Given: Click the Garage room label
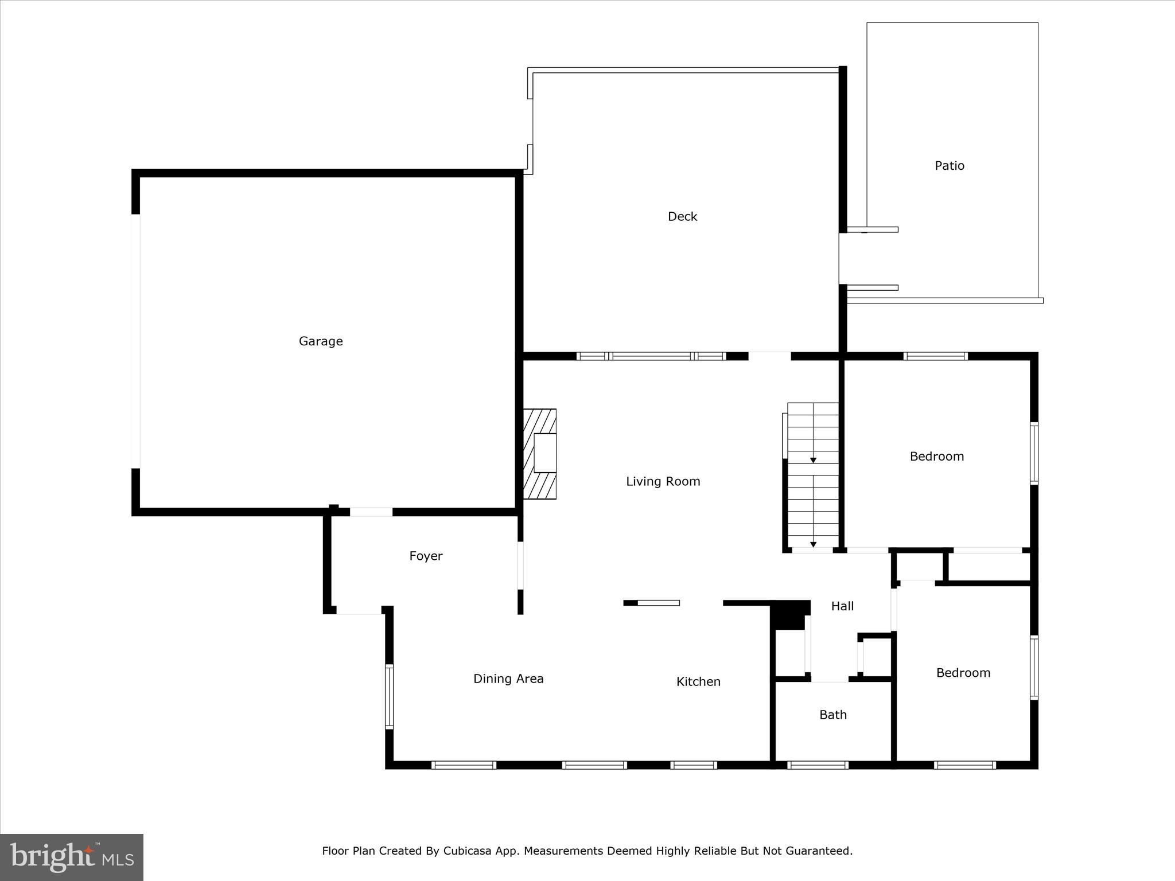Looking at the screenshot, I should tap(321, 341).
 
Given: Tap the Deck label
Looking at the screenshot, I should tap(682, 217).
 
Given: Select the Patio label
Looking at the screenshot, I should tap(950, 166).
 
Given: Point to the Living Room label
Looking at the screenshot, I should tap(663, 482).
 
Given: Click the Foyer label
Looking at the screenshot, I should tap(426, 556).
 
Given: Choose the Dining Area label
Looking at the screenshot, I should tap(508, 679).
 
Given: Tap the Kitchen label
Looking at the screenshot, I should tap(698, 682).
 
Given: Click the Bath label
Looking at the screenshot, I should tap(833, 715).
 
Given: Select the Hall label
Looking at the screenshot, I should tap(842, 606).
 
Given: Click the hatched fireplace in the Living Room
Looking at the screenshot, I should tap(540, 454).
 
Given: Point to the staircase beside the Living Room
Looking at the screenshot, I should tap(812, 476).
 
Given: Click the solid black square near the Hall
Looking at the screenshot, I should tap(790, 615).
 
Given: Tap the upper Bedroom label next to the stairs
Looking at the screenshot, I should tap(936, 457).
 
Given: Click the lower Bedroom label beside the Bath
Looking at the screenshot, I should tap(963, 673).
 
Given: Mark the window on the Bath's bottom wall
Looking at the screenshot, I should tap(818, 765).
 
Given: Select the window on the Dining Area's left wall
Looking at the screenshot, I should tap(389, 696).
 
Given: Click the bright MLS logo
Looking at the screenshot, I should tap(72, 857).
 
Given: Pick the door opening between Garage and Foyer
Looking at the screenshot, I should tap(371, 512).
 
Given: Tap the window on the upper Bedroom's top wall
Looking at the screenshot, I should tap(935, 356).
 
